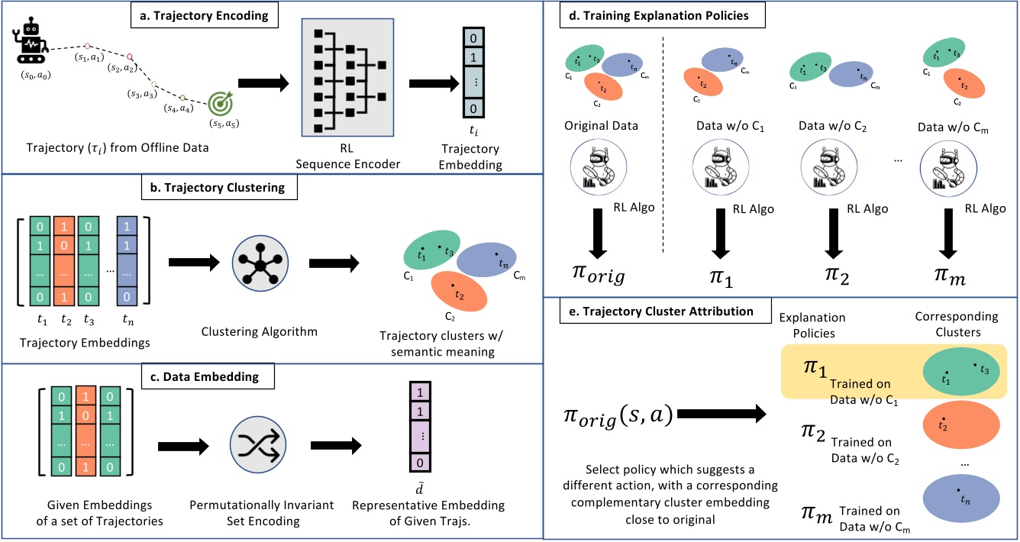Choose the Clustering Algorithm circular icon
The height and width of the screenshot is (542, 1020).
[x=260, y=262]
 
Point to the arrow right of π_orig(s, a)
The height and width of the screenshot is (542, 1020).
[x=721, y=416]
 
